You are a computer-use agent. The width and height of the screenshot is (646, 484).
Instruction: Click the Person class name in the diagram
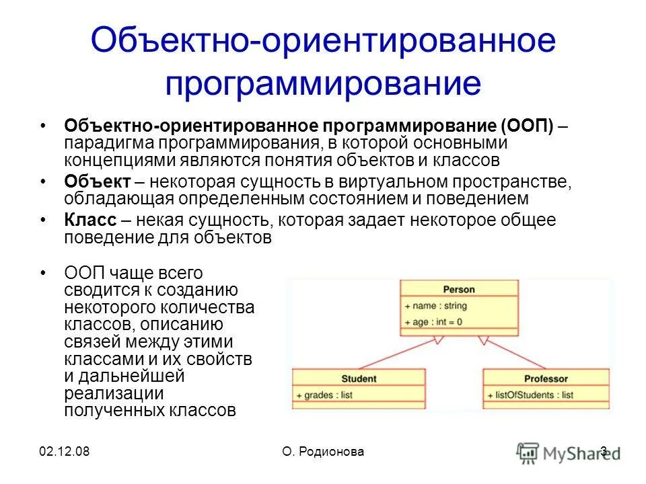(458, 290)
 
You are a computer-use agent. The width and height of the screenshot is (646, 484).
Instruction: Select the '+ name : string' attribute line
(436, 306)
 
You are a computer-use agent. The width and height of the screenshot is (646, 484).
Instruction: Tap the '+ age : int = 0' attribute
(434, 322)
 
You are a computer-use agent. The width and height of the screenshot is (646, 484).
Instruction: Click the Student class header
(358, 378)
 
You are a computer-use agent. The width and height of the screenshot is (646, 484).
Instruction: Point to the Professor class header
(546, 378)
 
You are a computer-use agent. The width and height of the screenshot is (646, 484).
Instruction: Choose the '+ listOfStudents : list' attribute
(530, 395)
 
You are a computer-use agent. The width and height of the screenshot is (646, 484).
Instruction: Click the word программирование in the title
(323, 83)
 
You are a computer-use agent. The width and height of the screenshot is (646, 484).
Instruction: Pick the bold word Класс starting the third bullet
(90, 220)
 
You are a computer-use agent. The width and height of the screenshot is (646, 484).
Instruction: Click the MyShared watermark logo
(569, 451)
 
